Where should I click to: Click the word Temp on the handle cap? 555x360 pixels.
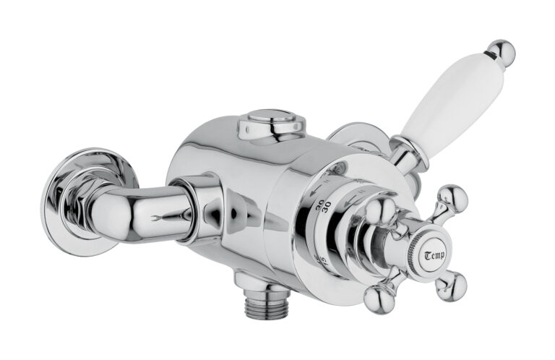point(434,255)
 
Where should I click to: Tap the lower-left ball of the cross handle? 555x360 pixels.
point(378,297)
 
